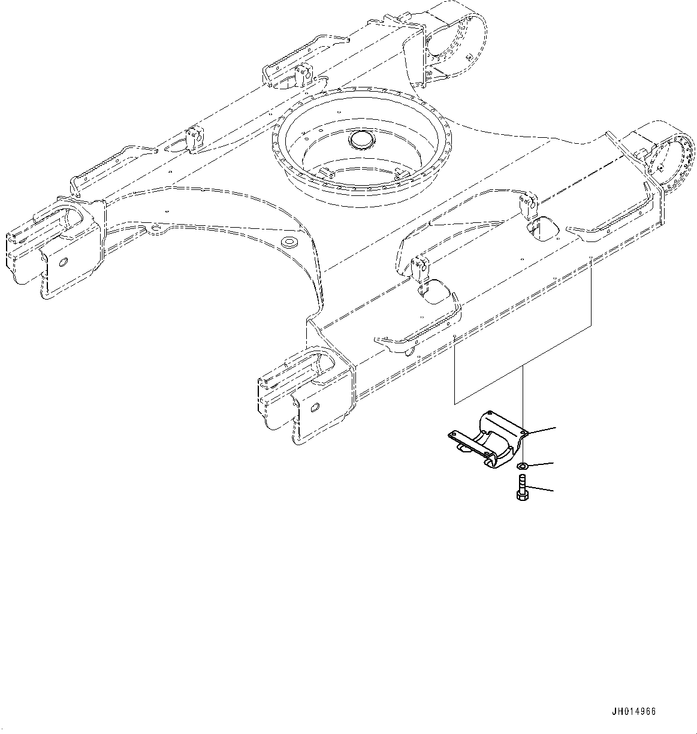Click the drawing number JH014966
(x=634, y=712)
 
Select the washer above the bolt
(x=522, y=466)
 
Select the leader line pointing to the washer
(x=542, y=464)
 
